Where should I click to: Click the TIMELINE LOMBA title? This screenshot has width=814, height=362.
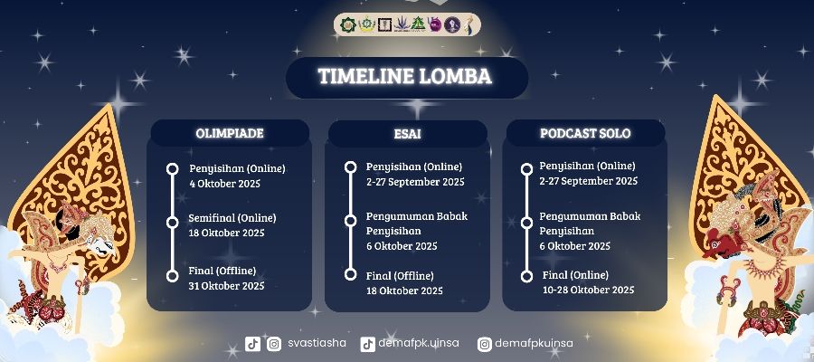[405, 76]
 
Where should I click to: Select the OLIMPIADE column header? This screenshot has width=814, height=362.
[230, 133]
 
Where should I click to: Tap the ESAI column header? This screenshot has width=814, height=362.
[407, 134]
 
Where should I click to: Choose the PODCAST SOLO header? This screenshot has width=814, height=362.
[585, 133]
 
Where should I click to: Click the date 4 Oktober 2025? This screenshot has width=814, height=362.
[225, 184]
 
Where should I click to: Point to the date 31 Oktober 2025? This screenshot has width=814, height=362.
[226, 286]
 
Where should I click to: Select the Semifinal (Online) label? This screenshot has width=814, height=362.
[232, 218]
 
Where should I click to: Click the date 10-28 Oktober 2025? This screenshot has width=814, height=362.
[588, 290]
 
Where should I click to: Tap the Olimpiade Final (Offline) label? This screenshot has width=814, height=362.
[222, 271]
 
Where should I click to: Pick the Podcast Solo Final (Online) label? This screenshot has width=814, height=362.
[575, 275]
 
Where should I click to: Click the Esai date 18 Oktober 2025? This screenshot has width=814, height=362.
[404, 291]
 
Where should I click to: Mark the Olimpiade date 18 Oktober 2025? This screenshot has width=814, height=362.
[226, 233]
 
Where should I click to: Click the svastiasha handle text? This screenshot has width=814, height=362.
[317, 343]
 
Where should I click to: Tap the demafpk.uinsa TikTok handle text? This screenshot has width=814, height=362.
[419, 343]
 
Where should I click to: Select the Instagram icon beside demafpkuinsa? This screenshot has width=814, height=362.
[485, 344]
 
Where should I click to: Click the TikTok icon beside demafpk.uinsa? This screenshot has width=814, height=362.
[367, 344]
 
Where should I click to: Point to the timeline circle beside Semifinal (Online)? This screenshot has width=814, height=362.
[173, 222]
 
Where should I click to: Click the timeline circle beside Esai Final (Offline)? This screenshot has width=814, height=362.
[350, 275]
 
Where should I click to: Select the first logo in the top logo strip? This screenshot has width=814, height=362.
[348, 24]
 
